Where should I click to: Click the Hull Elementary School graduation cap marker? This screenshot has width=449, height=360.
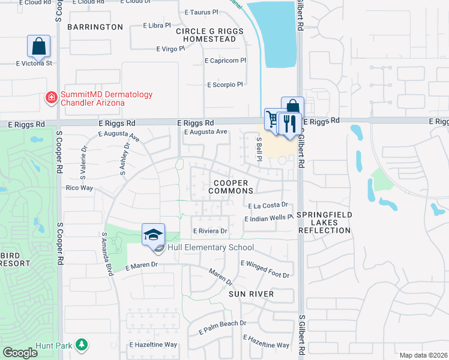click(154, 234)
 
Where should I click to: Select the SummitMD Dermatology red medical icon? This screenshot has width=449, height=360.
click(52, 97)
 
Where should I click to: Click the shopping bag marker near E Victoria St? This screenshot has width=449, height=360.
click(38, 46)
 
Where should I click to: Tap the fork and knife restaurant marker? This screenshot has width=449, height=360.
click(289, 124)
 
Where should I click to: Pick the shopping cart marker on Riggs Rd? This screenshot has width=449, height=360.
click(274, 119)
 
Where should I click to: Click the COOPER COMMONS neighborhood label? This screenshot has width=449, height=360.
click(231, 187)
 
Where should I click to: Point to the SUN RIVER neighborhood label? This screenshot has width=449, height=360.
click(251, 294)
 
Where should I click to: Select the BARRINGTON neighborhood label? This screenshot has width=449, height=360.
click(95, 27)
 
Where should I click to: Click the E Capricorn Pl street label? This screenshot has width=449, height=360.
click(226, 61)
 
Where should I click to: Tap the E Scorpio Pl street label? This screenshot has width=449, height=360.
click(224, 85)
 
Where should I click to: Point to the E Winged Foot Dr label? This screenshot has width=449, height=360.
click(265, 269)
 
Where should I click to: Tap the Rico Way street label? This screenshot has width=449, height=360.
click(79, 188)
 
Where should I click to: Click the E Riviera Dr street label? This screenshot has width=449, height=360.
click(209, 230)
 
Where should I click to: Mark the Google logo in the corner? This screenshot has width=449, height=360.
click(20, 353)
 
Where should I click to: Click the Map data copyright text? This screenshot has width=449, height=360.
click(423, 355)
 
